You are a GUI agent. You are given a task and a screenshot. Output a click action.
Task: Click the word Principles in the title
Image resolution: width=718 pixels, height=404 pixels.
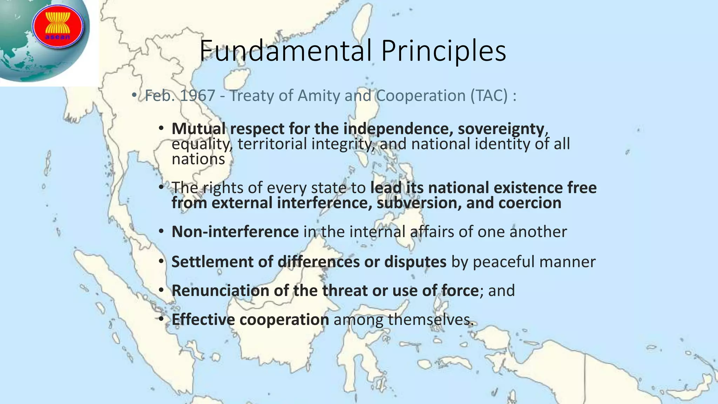(443, 52)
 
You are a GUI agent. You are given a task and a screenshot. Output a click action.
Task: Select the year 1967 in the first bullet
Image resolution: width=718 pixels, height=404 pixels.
(197, 95)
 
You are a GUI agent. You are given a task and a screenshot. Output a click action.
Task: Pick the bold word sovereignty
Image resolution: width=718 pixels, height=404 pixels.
(501, 129)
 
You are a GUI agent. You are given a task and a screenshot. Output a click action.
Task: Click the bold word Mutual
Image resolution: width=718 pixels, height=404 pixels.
(198, 129)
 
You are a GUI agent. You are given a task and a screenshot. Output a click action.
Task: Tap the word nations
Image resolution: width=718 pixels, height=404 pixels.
(198, 159)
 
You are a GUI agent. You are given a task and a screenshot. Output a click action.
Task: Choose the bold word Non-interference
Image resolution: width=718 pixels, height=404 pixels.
(235, 231)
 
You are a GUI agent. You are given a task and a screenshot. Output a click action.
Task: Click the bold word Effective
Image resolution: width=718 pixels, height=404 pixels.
(203, 319)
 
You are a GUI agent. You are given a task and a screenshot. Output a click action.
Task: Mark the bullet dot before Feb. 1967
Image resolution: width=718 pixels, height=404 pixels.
(134, 95)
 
